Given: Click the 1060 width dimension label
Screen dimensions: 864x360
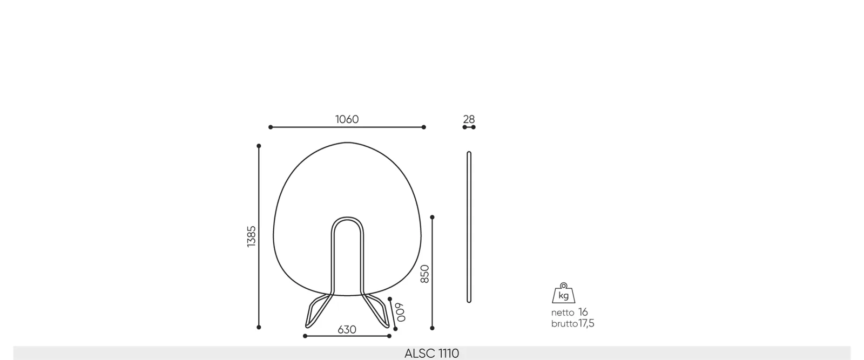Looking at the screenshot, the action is click(347, 119).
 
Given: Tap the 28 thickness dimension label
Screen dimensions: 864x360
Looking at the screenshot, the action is click(469, 119).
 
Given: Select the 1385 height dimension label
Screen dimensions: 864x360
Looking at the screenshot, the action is click(251, 236).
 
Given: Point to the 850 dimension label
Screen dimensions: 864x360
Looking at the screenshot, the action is click(424, 274).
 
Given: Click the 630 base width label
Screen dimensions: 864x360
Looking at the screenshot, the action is click(347, 330).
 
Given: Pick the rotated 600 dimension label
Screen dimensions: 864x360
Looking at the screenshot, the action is click(400, 312).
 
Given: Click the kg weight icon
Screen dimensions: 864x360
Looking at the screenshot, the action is click(564, 293).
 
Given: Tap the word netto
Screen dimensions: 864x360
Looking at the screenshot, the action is click(563, 313).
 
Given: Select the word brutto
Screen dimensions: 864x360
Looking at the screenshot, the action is click(564, 324).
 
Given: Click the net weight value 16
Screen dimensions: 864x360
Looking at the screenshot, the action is click(583, 312).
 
